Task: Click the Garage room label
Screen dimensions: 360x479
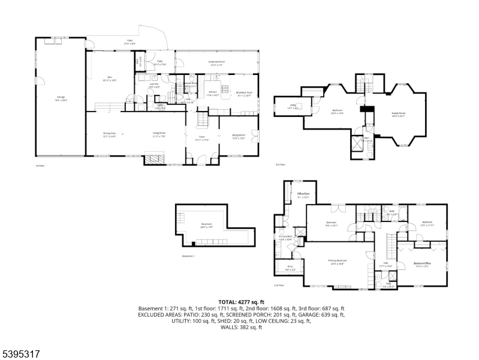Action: click(x=61, y=97)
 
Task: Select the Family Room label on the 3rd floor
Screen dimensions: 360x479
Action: click(x=399, y=115)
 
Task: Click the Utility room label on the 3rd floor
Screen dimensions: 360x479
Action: click(x=294, y=107)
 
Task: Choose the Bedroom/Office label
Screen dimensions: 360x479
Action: click(x=423, y=264)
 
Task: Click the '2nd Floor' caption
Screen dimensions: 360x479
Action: click(x=278, y=286)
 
